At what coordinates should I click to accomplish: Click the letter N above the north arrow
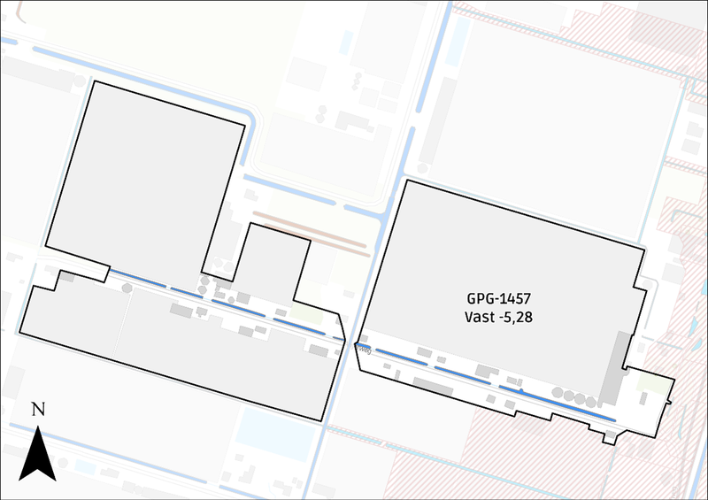click(x=38, y=410)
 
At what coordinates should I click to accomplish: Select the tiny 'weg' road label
click(x=364, y=349)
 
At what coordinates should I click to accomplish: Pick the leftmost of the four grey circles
click(x=558, y=390)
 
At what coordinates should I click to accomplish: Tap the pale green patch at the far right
click(x=654, y=384)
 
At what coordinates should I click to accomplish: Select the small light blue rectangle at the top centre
click(x=346, y=42)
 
